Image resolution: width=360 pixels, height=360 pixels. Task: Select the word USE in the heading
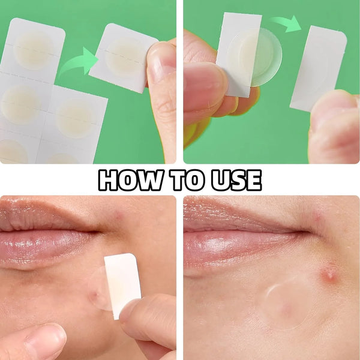coord(235,179)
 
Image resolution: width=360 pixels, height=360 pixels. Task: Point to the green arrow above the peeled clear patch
coord(286,25)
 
